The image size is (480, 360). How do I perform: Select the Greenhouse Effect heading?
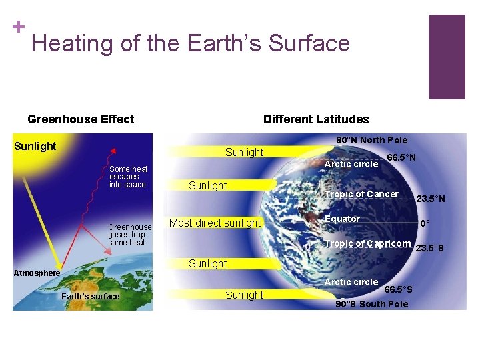(x=81, y=119)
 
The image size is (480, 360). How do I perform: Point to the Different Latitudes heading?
(x=315, y=119)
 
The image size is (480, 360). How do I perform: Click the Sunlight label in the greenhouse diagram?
(x=35, y=146)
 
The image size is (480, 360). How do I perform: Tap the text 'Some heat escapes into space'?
(x=128, y=177)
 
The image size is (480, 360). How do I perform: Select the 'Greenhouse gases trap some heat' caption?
(x=130, y=235)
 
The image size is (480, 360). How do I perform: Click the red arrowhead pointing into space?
(x=113, y=150)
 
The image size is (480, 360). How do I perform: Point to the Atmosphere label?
(x=37, y=273)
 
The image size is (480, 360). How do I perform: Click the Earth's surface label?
(x=90, y=297)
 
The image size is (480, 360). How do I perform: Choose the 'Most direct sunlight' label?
(x=215, y=223)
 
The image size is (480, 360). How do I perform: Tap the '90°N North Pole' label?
(x=371, y=140)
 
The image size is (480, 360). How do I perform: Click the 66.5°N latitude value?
(x=402, y=157)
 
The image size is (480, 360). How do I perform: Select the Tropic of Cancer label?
(x=361, y=194)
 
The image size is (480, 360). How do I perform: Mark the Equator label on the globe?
(x=342, y=219)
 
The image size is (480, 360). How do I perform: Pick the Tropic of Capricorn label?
(x=367, y=243)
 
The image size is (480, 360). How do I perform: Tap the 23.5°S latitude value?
(x=429, y=249)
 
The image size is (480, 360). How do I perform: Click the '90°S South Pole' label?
(x=371, y=304)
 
